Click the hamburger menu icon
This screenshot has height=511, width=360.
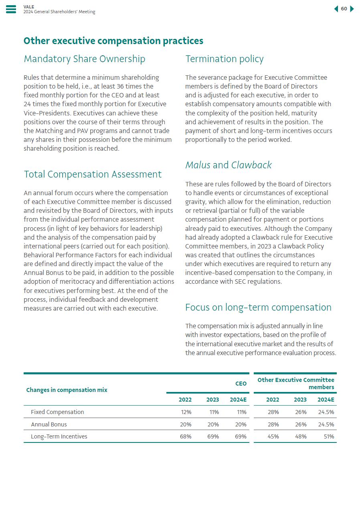point(11,9)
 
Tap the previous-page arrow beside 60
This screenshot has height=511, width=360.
point(336,9)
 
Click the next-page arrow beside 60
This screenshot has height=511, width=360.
point(352,9)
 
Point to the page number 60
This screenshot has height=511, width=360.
point(344,9)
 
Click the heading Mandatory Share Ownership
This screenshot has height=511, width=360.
point(84,59)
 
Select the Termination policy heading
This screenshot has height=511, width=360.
point(224,59)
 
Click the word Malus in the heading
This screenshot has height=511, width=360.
point(198,165)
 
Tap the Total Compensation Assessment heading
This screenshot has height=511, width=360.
point(93,174)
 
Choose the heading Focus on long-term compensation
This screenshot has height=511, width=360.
point(258,307)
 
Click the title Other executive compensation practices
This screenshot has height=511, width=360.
point(113,41)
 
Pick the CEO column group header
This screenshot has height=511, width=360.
point(241,384)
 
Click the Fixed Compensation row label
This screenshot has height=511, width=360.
point(57,412)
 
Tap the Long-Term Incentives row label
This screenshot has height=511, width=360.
point(59,436)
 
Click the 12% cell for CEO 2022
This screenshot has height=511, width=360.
point(186,412)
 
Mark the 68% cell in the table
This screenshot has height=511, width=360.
point(186,436)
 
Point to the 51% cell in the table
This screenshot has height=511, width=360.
point(329,436)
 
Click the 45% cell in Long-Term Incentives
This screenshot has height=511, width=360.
point(273,436)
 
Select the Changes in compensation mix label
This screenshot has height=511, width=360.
point(67,390)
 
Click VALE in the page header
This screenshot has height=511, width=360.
point(29,7)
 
